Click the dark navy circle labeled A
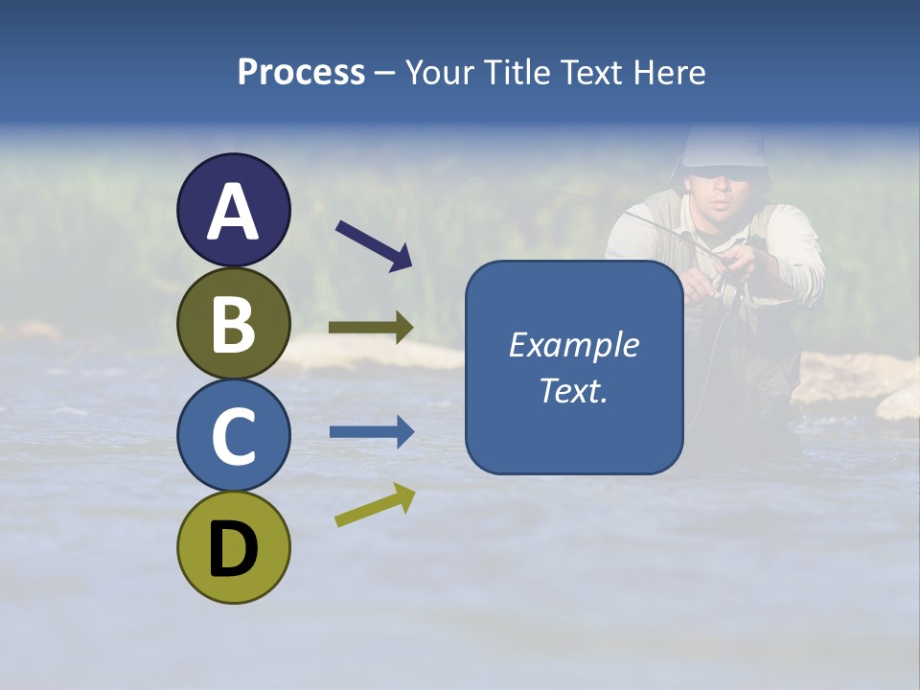pyautogui.click(x=234, y=210)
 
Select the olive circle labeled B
pyautogui.click(x=234, y=323)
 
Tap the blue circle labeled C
pyautogui.click(x=234, y=435)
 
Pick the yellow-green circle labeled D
pyautogui.click(x=234, y=547)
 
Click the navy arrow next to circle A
pyautogui.click(x=374, y=244)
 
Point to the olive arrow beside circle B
pyautogui.click(x=371, y=328)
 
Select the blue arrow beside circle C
pyautogui.click(x=371, y=432)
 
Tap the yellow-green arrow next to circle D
pyautogui.click(x=375, y=505)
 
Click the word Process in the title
pyautogui.click(x=301, y=73)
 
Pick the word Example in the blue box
pyautogui.click(x=574, y=345)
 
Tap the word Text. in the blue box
pyautogui.click(x=574, y=390)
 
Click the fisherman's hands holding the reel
pyautogui.click(x=737, y=263)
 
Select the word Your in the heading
pyautogui.click(x=440, y=73)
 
